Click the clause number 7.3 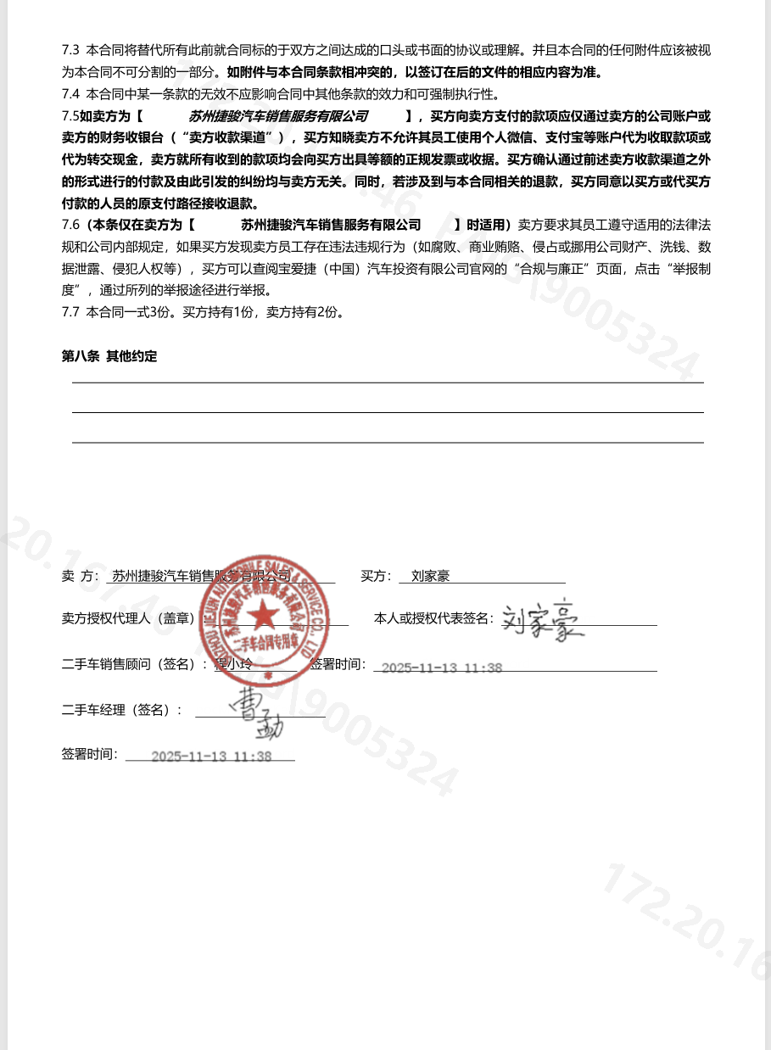[70, 50]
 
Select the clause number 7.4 [70, 94]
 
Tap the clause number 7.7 [70, 311]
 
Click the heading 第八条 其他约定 [109, 356]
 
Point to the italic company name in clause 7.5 [278, 116]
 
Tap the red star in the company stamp [263, 612]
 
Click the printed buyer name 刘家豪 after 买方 [430, 577]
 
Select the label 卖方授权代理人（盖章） [128, 619]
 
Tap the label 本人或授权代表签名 [433, 619]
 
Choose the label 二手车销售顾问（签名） [134, 665]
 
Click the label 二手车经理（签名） [121, 710]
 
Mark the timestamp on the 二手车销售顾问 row [441, 667]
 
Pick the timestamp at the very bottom [211, 757]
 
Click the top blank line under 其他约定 [388, 382]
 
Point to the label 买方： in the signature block [376, 577]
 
